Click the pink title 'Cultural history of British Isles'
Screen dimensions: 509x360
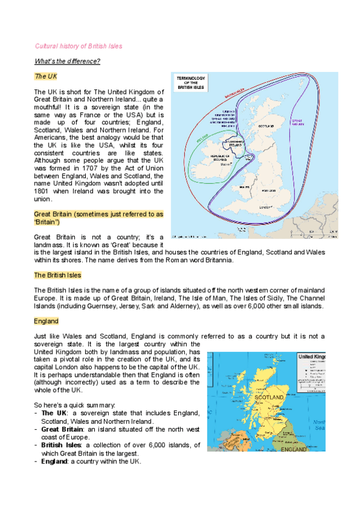coord(79,46)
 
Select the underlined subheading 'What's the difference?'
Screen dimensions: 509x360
coord(67,61)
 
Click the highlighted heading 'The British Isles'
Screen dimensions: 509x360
coord(58,276)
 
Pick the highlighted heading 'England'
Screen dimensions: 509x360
coord(46,322)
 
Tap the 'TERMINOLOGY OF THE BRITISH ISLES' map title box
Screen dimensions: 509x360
coord(191,83)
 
